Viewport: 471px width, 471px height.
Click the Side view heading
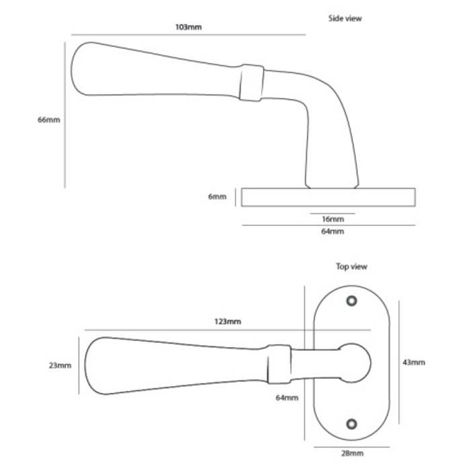click(345, 19)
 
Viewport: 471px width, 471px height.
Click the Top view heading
click(351, 266)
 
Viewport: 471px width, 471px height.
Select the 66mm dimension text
click(49, 120)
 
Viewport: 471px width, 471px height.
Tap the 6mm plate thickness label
click(217, 197)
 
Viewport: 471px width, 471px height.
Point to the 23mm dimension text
click(60, 365)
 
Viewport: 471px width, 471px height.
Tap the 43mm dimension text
click(414, 363)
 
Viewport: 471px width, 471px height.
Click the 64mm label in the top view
click(287, 398)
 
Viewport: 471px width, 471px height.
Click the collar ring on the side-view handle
click(252, 83)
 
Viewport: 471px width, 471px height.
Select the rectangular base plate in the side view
click(328, 197)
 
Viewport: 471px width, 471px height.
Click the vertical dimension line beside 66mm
click(65, 114)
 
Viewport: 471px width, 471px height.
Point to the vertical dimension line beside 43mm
click(400, 363)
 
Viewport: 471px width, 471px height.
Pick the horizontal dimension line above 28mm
click(348, 445)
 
